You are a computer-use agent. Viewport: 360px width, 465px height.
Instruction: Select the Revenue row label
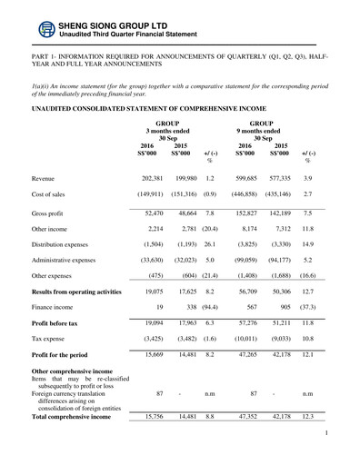point(46,179)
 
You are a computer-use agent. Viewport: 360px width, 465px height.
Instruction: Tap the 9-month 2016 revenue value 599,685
point(247,179)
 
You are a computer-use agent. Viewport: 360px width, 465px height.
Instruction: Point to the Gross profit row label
point(50,211)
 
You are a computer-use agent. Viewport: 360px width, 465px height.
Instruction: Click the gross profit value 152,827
point(247,211)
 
